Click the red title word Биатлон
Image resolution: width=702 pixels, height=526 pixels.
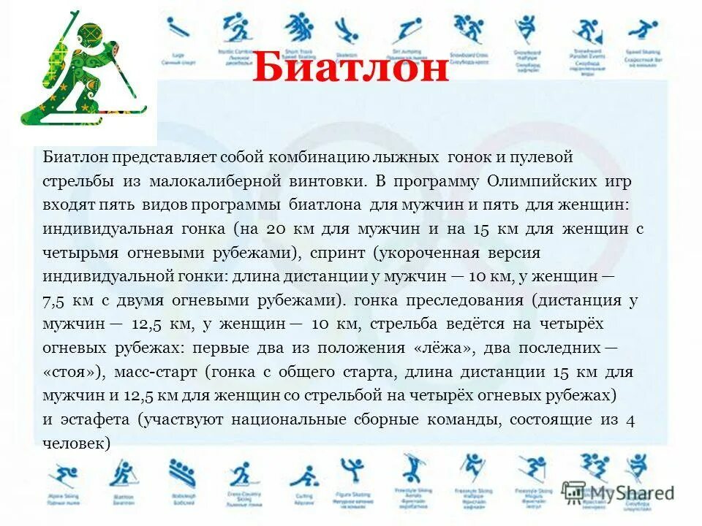click(350, 70)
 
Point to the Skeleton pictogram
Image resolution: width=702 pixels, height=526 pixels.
click(347, 32)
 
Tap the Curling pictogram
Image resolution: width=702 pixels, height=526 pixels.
click(303, 475)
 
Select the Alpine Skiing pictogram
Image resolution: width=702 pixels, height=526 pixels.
click(64, 475)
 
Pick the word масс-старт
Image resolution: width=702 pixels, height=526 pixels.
click(156, 372)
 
